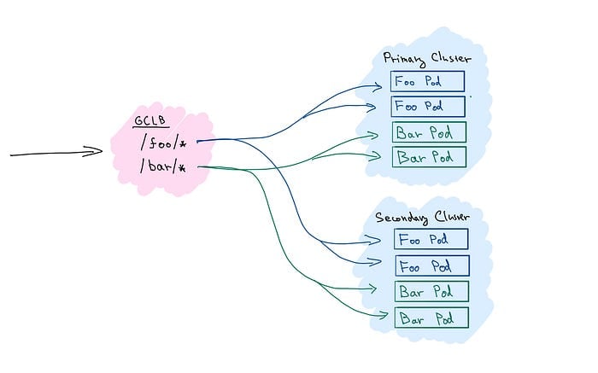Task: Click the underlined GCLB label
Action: click(150, 120)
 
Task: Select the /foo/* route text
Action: click(164, 143)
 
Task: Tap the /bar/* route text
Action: click(163, 166)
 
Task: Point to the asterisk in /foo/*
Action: click(183, 144)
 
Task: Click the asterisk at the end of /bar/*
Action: click(182, 167)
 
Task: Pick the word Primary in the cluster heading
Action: click(404, 60)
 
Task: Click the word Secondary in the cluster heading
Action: click(402, 219)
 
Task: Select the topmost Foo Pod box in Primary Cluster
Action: click(427, 81)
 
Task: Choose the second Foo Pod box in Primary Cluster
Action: click(428, 107)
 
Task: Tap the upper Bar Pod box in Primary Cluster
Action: click(429, 132)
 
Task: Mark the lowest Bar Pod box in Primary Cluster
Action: click(429, 156)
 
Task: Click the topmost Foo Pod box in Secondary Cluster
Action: click(431, 239)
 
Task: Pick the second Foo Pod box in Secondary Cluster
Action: click(432, 266)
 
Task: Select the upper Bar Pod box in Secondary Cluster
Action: click(431, 291)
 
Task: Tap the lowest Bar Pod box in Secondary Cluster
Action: click(431, 318)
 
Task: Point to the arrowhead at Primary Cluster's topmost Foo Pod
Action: click(377, 87)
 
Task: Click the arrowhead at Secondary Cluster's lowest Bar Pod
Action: click(383, 316)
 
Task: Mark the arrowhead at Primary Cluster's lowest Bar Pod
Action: click(376, 156)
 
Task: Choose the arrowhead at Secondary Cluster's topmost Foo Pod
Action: click(374, 240)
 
